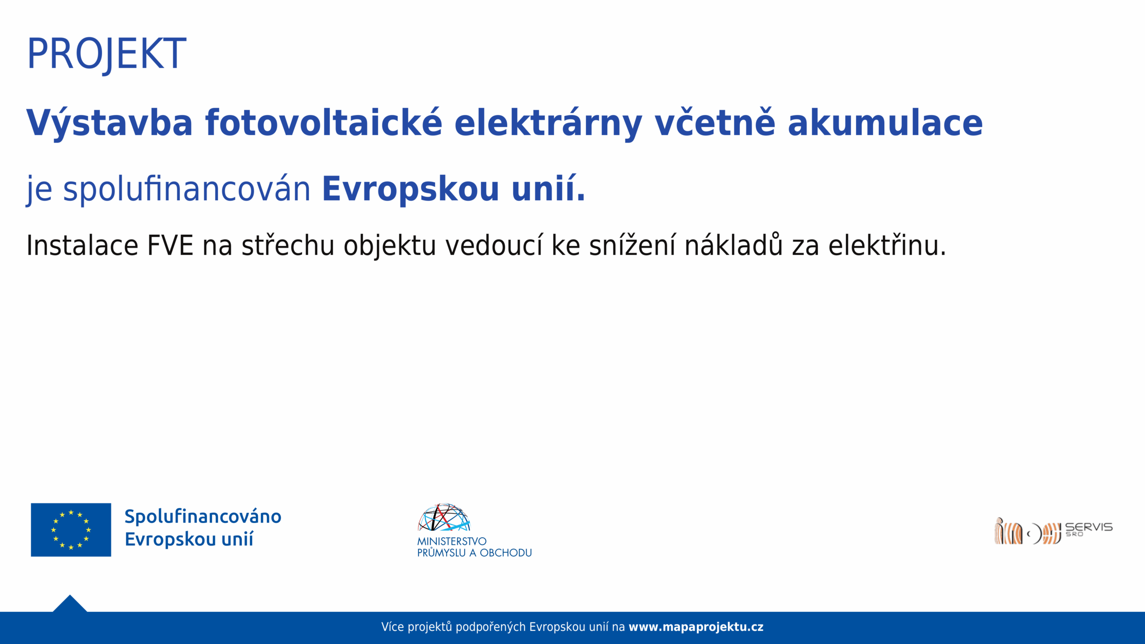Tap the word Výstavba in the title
coord(110,123)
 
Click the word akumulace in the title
coord(885,123)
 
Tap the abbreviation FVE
coord(170,246)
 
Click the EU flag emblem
coord(71,530)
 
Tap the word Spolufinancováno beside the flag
coord(203,517)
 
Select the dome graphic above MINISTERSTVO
coord(444,517)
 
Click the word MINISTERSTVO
coord(452,541)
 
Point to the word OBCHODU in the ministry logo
coord(506,553)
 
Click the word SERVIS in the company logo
coord(1089,527)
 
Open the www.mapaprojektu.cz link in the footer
coord(696,627)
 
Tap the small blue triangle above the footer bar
coord(70,604)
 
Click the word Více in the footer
coord(393,627)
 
